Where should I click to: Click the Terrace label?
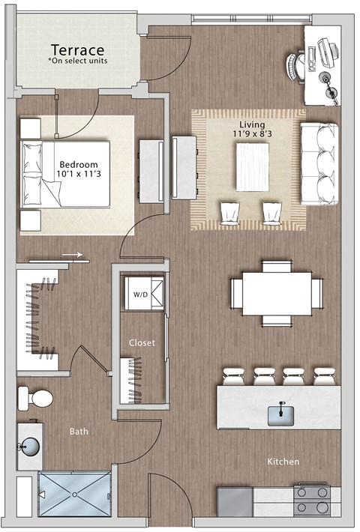pos(77,48)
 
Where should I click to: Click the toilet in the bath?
pos(35,398)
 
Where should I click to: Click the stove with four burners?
pos(312,503)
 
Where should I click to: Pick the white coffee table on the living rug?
pos(252,166)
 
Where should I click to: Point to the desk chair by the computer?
pos(294,63)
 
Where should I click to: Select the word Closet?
pos(142,342)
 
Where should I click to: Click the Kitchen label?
pos(283,462)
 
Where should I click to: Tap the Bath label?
pos(79,432)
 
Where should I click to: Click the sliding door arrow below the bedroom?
pos(72,255)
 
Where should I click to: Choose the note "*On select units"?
pos(77,60)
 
